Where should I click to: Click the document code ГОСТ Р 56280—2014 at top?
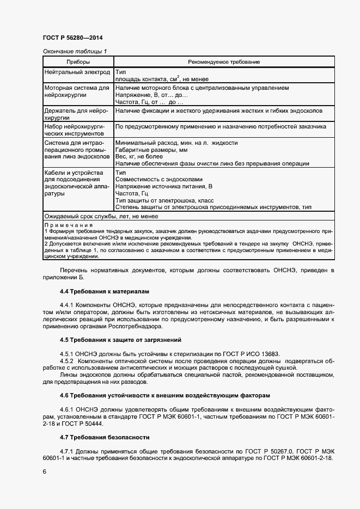coord(72,38)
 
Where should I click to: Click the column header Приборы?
coord(77,62)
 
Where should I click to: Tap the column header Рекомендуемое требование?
coord(224,62)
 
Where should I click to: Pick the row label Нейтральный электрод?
coord(77,72)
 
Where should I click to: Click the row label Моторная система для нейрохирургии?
coord(76,91)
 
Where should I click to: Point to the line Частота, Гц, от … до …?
coord(150,102)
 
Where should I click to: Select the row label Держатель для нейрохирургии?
coord(76,114)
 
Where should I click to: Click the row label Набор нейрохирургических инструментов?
coord(76,129)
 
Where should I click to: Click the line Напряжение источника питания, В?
coord(164,186)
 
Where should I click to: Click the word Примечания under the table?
coord(68,224)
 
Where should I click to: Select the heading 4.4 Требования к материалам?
coord(104,292)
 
